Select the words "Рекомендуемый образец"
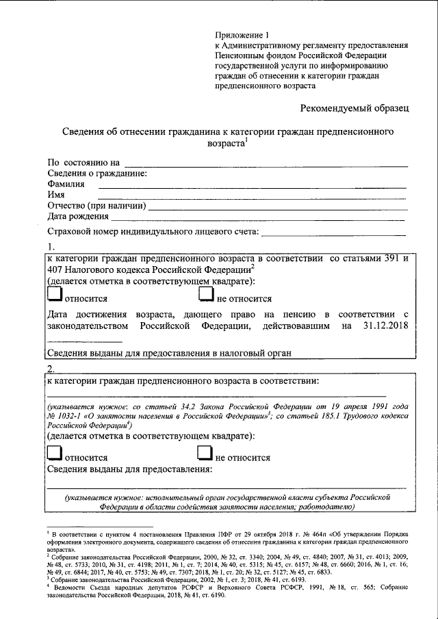[x=355, y=107]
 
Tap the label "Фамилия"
[x=66, y=184]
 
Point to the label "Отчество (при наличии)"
[x=95, y=206]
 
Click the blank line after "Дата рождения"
[x=257, y=218]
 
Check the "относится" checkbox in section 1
[x=54, y=294]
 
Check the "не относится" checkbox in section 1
[x=206, y=294]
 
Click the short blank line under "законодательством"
[x=84, y=340]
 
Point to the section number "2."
[x=50, y=368]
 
